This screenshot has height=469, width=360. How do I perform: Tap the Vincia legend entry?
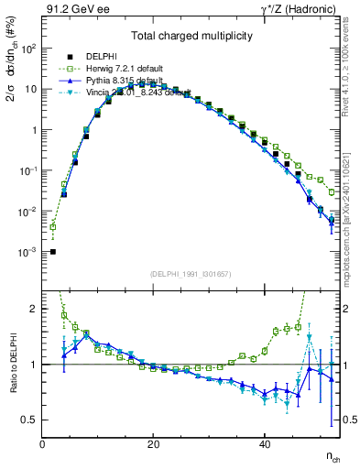coord(137,93)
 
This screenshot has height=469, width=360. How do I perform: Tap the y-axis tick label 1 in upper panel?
coord(34,130)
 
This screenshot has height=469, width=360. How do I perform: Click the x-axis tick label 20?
coord(153,444)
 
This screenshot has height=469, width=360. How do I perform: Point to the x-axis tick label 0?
coord(42,444)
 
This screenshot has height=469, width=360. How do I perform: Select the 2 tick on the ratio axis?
coord(34,309)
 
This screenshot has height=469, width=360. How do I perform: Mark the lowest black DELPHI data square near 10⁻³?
coord(53,251)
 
